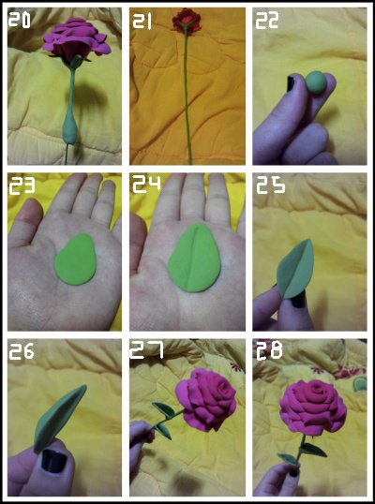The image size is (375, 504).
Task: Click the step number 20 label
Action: pos(20,21)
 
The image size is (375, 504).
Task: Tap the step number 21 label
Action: pos(142,22)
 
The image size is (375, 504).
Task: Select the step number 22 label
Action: pos(267,21)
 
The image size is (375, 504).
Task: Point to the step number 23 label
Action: pos(22,186)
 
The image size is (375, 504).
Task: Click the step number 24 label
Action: pos(146,185)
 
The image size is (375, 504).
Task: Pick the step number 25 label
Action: pos(271,185)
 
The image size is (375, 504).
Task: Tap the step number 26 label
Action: pos(22,351)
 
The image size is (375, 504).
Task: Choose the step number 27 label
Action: pos(146,350)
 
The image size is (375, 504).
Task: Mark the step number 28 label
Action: pos(269,350)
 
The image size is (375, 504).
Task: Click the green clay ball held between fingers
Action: pos(316,82)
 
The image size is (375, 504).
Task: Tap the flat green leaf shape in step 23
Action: pos(75,259)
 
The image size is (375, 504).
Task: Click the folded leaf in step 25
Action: pos(295,270)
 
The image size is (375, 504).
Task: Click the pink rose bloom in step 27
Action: pos(206,399)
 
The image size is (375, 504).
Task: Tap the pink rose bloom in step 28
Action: pos(313,407)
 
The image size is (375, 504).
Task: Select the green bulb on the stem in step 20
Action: pos(69,128)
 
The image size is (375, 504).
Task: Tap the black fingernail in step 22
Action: pos(291,83)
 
